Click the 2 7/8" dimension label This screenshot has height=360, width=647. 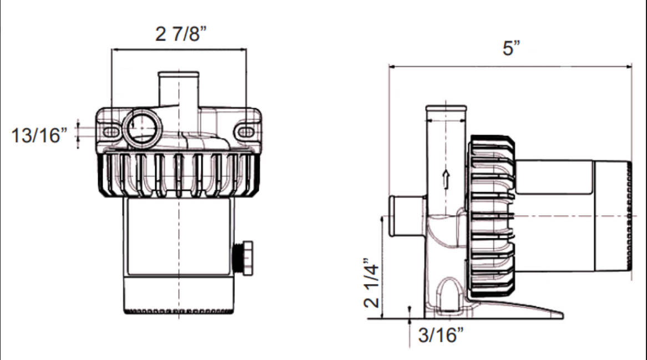[180, 34]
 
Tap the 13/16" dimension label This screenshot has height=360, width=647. [39, 135]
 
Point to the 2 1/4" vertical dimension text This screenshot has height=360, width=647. [371, 282]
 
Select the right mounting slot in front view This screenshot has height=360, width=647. [245, 131]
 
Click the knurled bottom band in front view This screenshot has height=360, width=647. [178, 311]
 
